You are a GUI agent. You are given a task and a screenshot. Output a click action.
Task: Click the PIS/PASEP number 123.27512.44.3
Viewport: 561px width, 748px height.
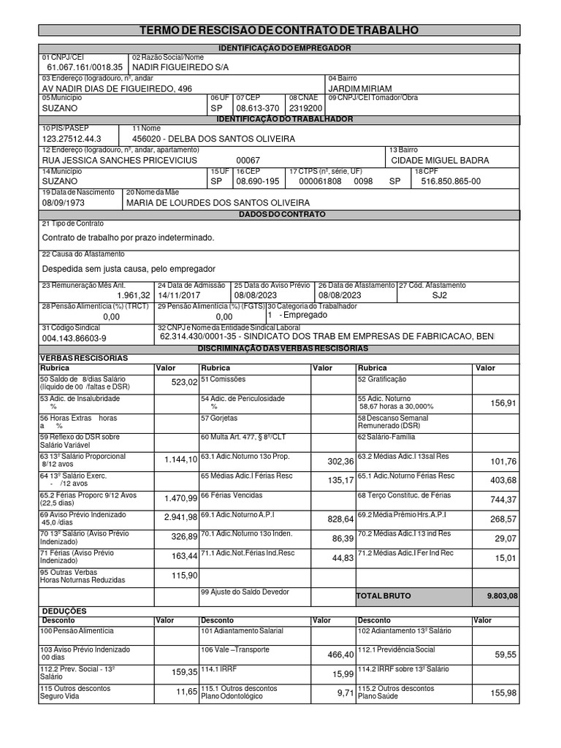click(x=72, y=138)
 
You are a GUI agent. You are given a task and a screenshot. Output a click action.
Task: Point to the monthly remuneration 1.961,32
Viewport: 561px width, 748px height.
click(x=133, y=295)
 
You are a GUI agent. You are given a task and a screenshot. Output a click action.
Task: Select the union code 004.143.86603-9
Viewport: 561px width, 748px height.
click(x=74, y=338)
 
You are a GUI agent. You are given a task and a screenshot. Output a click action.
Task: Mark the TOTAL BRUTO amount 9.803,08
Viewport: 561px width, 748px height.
click(x=502, y=596)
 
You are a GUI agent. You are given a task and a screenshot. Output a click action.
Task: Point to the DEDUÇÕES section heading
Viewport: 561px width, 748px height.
click(x=64, y=611)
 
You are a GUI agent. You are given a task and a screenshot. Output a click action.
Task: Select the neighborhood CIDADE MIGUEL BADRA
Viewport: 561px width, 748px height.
click(x=440, y=160)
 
